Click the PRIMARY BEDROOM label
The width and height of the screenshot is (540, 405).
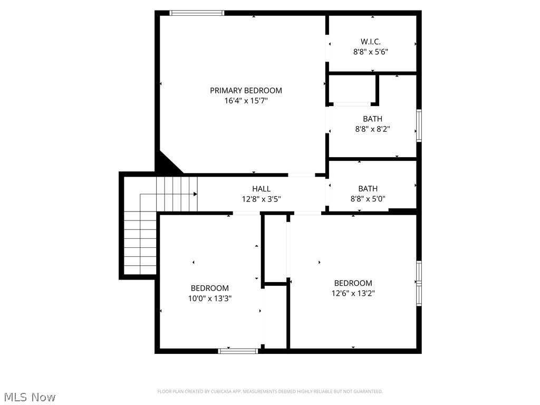click(x=246, y=90)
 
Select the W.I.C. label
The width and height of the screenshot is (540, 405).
click(x=371, y=41)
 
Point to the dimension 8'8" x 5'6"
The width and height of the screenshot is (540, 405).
click(x=371, y=52)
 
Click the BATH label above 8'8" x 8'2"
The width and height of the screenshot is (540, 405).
click(x=372, y=119)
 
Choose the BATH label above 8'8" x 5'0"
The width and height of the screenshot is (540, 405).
click(x=368, y=188)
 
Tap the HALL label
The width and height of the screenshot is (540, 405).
click(x=261, y=188)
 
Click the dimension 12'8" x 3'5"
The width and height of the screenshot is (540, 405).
click(x=261, y=199)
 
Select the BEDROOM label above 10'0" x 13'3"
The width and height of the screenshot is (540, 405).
click(x=209, y=288)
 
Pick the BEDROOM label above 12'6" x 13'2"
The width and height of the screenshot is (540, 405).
click(x=353, y=283)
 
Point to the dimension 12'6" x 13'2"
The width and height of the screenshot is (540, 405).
click(x=353, y=293)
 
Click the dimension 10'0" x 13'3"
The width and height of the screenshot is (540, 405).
click(x=209, y=298)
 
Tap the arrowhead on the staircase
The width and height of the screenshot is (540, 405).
click(x=195, y=194)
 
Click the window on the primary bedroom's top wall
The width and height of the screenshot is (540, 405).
click(x=197, y=13)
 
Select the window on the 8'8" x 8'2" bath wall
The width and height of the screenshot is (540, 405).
click(x=419, y=126)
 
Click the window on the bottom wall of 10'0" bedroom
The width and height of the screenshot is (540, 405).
click(x=238, y=350)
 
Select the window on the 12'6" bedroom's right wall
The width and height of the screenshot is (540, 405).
click(x=419, y=283)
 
